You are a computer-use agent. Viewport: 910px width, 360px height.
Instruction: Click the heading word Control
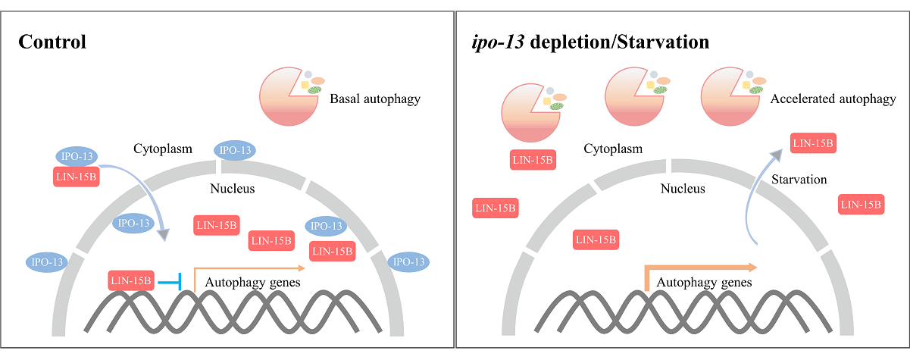click(x=52, y=42)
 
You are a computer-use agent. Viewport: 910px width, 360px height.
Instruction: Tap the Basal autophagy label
click(x=374, y=99)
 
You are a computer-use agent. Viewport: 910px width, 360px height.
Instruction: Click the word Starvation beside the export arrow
click(x=799, y=180)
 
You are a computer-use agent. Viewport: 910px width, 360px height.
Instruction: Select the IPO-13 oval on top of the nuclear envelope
click(x=235, y=150)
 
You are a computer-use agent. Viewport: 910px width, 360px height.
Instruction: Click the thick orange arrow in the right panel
click(x=697, y=270)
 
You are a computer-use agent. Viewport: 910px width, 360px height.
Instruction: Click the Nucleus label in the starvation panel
click(x=683, y=189)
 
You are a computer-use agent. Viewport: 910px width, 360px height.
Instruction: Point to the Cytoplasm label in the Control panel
click(x=163, y=149)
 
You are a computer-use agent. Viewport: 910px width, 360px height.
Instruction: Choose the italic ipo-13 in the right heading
click(x=497, y=42)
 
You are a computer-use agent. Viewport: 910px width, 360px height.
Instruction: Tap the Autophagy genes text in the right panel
click(x=704, y=283)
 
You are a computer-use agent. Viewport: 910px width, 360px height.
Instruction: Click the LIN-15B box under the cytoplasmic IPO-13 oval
click(x=77, y=177)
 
